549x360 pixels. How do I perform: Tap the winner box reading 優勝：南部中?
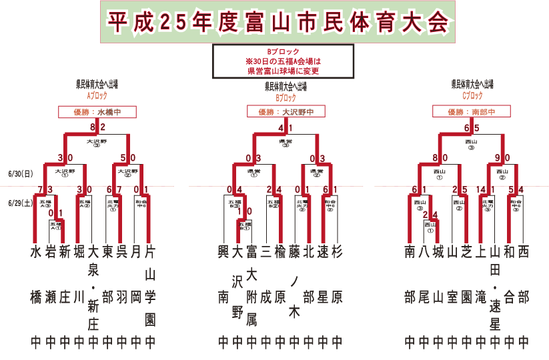[x=466, y=112]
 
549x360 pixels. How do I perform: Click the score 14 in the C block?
[x=481, y=190]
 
